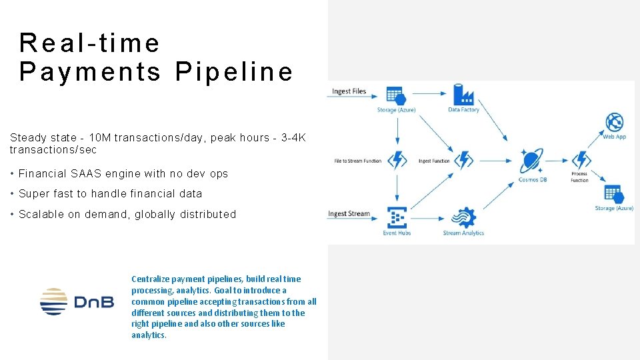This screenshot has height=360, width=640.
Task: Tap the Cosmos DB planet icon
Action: (531, 161)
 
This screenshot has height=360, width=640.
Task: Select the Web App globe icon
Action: (614, 122)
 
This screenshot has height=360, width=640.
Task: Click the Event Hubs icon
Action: (397, 218)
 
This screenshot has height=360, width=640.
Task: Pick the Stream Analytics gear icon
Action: (463, 218)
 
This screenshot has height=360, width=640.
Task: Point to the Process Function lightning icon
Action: (581, 160)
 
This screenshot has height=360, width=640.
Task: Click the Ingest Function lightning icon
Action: (463, 161)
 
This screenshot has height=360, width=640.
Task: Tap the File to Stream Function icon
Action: (397, 161)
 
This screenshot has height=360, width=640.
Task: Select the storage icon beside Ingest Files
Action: (395, 95)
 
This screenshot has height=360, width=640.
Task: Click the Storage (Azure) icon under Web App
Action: (613, 193)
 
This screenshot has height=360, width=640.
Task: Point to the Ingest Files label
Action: (350, 91)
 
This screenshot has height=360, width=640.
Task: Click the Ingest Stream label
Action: (349, 214)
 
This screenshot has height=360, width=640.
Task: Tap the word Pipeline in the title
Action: (234, 71)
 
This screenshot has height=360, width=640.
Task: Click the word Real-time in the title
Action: (90, 43)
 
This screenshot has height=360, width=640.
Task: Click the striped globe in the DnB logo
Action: (53, 301)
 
